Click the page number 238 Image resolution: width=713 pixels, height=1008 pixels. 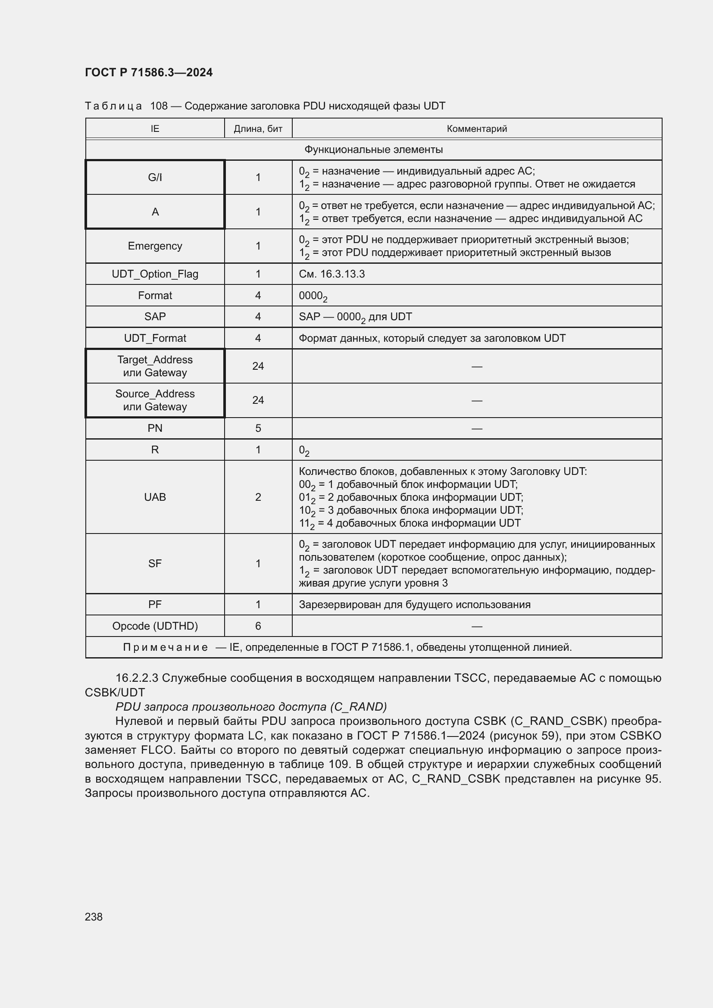[x=94, y=917]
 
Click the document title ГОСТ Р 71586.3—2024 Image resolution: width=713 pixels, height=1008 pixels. [x=148, y=72]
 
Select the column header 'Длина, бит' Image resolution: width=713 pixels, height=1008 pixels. [x=258, y=128]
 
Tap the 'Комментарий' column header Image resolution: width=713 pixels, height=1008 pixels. [x=476, y=128]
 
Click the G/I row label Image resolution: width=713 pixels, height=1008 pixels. [x=155, y=178]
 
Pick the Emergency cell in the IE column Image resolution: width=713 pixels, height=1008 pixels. [x=155, y=246]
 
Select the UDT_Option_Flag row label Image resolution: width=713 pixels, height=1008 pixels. [x=155, y=274]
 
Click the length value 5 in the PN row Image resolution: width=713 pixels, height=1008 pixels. [x=258, y=428]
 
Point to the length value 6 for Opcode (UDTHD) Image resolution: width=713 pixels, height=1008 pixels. [x=258, y=626]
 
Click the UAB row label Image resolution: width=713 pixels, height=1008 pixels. [x=155, y=497]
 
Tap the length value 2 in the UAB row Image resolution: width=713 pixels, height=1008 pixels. [x=258, y=497]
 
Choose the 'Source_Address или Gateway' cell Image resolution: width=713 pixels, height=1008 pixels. [x=155, y=400]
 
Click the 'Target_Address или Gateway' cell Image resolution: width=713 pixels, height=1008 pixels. [x=155, y=366]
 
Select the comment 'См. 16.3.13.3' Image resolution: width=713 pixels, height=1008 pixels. [x=331, y=274]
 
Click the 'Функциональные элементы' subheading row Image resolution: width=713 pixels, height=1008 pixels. [x=373, y=150]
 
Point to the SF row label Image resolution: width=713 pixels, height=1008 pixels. [x=155, y=563]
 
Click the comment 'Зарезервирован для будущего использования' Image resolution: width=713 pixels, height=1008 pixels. [x=414, y=605]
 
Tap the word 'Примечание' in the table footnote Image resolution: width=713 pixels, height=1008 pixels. [x=165, y=647]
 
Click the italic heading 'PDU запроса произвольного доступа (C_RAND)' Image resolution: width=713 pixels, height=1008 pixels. [x=251, y=706]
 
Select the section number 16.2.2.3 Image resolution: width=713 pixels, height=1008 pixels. [x=137, y=678]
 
